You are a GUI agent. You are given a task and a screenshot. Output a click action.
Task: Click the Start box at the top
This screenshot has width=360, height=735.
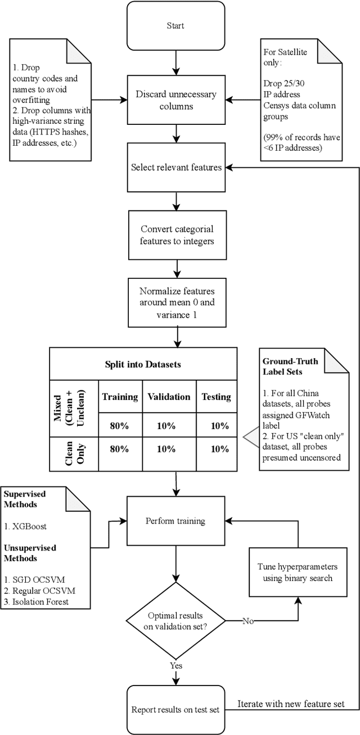(x=175, y=25)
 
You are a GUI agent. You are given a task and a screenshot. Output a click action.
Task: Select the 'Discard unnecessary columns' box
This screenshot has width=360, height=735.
(x=175, y=100)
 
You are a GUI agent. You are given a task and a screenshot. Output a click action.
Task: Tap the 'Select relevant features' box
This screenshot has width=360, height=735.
(x=175, y=167)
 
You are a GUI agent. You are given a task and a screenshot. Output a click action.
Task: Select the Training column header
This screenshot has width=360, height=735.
(x=120, y=396)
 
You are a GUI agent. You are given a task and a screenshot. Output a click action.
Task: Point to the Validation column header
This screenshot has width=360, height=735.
(x=169, y=396)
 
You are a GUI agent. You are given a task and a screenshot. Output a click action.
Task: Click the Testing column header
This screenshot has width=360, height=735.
(x=216, y=396)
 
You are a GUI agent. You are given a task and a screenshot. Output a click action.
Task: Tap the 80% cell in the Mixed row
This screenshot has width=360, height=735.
(x=120, y=426)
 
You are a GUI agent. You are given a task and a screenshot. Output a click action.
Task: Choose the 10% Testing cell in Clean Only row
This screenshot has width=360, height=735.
(x=216, y=449)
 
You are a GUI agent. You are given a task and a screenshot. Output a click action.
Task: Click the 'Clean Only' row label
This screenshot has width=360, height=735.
(x=75, y=449)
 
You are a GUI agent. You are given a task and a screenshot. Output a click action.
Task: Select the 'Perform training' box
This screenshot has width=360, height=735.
(x=175, y=521)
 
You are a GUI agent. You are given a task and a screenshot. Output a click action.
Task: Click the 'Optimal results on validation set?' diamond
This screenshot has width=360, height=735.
(x=175, y=621)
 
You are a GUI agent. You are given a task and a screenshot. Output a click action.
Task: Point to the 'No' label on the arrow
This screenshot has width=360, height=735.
(x=249, y=621)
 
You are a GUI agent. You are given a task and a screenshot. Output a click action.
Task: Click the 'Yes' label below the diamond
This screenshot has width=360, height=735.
(x=176, y=665)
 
